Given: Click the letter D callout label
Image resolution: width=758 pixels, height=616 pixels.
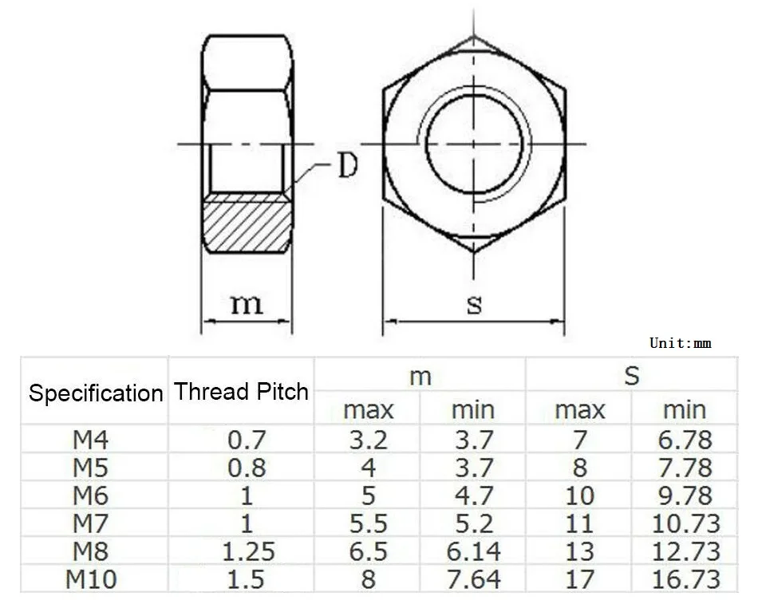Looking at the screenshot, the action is click(x=348, y=165).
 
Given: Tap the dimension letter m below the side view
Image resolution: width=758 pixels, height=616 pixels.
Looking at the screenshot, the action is click(x=247, y=304).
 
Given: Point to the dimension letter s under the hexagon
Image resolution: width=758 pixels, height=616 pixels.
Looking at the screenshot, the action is click(x=474, y=305).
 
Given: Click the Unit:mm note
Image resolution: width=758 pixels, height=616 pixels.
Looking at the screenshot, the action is click(x=680, y=343).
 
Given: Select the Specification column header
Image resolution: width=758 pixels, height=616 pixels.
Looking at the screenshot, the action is click(x=96, y=393).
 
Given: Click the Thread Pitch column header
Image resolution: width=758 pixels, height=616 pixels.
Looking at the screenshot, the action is click(x=241, y=391).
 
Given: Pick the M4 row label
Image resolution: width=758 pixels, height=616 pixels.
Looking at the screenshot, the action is click(x=91, y=440).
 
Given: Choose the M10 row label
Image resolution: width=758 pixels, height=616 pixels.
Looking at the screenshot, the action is click(x=91, y=579).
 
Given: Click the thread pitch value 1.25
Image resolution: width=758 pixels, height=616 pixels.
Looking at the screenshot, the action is click(x=248, y=551).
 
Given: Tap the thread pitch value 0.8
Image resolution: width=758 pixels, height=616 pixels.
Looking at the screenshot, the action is click(x=247, y=468).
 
